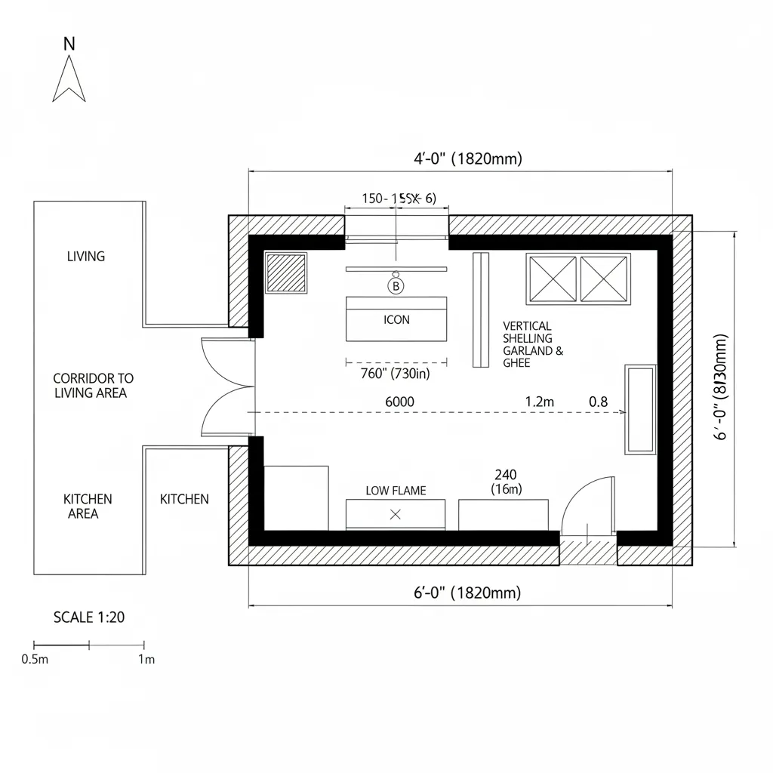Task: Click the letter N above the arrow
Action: pos(69,44)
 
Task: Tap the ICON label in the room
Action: pos(396,319)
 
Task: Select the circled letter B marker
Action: pos(396,286)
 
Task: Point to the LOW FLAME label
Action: pos(396,491)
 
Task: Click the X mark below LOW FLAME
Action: pos(394,515)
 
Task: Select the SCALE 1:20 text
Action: pos(89,617)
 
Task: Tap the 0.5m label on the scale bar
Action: pos(35,659)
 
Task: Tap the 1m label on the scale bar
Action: pos(146,659)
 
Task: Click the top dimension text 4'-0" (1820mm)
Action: pos(467,159)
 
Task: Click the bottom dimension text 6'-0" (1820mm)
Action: pos(467,593)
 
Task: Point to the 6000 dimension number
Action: pos(399,402)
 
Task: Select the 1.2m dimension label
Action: pos(539,402)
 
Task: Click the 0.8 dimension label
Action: pos(598,402)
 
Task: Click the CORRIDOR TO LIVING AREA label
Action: pos(93,385)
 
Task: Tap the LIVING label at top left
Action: pos(86,256)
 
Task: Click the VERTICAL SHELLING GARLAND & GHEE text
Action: pos(532,344)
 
